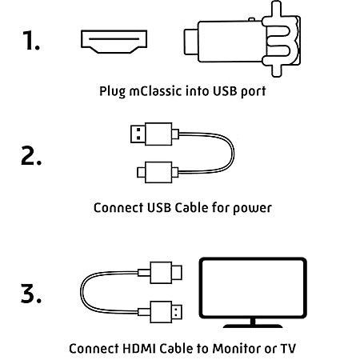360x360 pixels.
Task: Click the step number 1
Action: click(x=30, y=40)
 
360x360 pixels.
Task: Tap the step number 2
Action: click(x=31, y=155)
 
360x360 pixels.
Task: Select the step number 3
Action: click(x=31, y=294)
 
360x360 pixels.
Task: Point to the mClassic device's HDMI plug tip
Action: click(x=191, y=42)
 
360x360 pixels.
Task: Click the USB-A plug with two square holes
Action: click(x=138, y=134)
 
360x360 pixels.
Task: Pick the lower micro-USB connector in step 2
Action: click(x=154, y=172)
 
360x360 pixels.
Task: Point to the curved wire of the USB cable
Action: click(x=234, y=153)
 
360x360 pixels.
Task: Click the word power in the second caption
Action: click(x=252, y=208)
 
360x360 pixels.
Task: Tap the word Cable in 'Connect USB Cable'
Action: click(x=191, y=207)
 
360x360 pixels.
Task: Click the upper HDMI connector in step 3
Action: click(x=160, y=273)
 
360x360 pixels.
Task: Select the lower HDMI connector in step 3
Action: click(x=160, y=312)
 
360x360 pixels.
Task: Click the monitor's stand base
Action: click(x=253, y=326)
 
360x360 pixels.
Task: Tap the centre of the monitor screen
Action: click(x=253, y=288)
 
